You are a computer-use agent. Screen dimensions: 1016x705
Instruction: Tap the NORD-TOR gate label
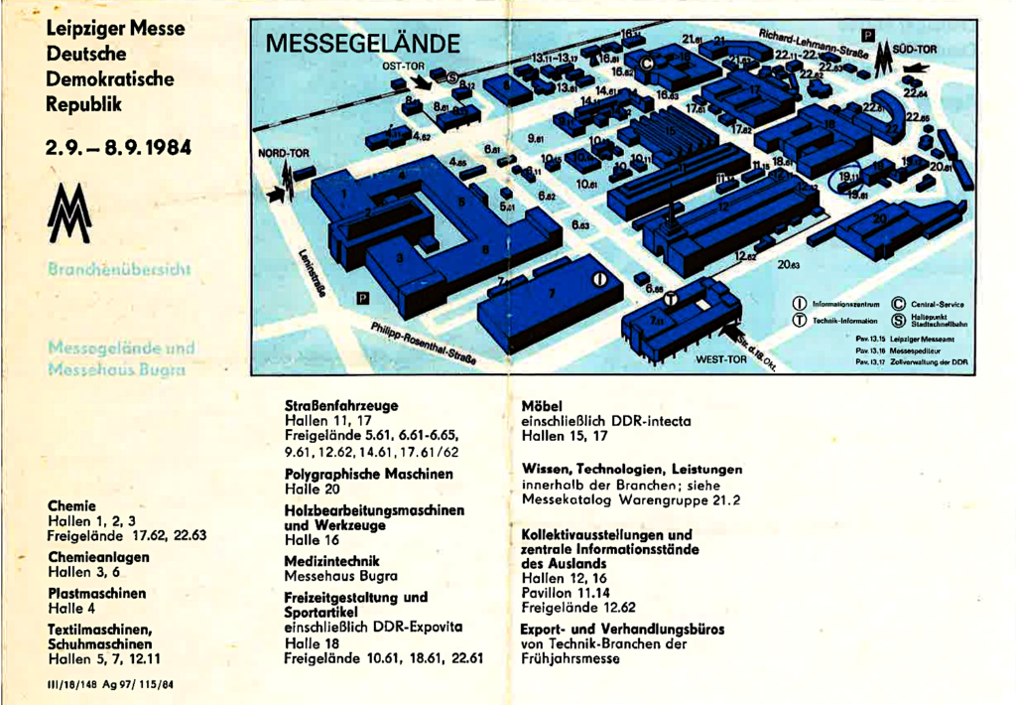[283, 154]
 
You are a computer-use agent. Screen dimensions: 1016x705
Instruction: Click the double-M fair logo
[74, 213]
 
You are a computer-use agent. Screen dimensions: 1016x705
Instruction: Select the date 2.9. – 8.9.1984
[118, 149]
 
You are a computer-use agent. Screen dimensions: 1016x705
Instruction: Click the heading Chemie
[70, 505]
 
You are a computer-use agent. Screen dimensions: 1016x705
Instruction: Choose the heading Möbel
[542, 406]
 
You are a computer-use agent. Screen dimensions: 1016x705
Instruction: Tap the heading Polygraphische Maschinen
[368, 474]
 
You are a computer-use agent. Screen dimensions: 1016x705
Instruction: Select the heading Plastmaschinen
[96, 594]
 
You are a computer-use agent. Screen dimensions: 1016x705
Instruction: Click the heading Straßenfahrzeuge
[341, 406]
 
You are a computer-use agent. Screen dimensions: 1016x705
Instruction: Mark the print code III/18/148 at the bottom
[111, 685]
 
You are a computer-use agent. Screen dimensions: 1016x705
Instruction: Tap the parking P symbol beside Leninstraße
[362, 298]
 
